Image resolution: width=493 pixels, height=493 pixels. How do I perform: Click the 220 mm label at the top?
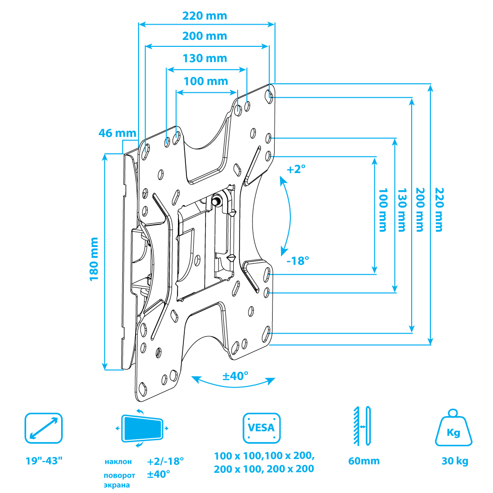point(205,16)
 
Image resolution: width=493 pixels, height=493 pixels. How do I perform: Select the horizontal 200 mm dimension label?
point(205,36)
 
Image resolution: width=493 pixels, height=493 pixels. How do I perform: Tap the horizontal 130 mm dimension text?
point(205,58)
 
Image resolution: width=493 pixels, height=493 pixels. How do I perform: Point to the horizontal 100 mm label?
point(206,81)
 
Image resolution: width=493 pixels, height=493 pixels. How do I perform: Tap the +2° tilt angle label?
point(296,169)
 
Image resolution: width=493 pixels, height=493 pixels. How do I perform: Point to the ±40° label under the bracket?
point(235,376)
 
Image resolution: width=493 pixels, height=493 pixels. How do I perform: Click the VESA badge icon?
point(261,428)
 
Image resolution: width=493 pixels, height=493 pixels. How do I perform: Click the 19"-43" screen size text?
point(44,461)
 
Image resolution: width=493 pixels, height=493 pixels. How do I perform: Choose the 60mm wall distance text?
point(364,461)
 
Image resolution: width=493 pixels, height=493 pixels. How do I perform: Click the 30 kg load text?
point(454,461)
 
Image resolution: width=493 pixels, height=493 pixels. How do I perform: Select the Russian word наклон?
point(118,462)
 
